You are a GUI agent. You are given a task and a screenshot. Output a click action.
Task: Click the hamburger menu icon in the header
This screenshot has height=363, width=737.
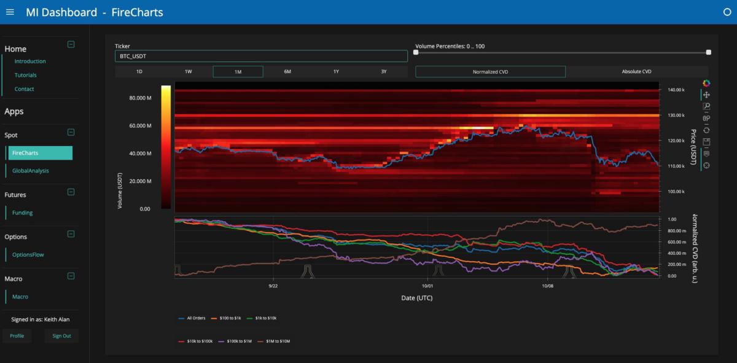tap(10, 12)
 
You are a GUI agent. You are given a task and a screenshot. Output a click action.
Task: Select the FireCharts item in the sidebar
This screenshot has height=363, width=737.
tap(41, 153)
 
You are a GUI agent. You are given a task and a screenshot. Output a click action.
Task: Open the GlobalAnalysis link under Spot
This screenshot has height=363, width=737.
tap(31, 171)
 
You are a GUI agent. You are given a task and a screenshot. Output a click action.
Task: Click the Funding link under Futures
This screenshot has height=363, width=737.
tap(23, 213)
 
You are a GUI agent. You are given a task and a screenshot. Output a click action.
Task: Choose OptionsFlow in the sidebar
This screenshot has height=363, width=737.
tap(28, 254)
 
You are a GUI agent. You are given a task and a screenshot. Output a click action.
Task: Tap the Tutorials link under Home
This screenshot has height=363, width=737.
tap(26, 75)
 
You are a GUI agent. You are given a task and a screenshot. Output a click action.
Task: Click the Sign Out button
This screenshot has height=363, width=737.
tap(61, 336)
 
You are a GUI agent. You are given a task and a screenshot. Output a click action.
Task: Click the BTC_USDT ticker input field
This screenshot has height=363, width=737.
tap(261, 56)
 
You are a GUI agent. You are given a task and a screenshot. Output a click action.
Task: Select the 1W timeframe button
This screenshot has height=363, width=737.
tap(189, 72)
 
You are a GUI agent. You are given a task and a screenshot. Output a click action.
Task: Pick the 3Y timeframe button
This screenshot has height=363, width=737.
tap(384, 72)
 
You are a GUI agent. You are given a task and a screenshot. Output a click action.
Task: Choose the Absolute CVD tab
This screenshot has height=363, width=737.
tap(636, 72)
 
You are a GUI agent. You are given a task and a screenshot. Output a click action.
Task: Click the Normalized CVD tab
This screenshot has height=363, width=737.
tap(490, 72)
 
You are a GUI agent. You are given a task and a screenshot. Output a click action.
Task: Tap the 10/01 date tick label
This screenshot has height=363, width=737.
tap(428, 286)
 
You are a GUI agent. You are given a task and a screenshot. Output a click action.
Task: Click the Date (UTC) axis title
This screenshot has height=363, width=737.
tap(417, 298)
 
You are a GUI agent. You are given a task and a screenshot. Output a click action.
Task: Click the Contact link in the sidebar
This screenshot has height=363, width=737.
tap(25, 89)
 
